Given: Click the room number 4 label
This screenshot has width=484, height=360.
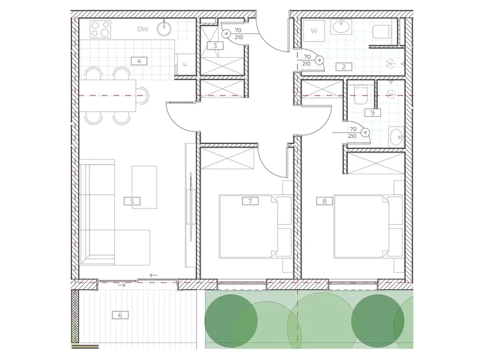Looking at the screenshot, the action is pyautogui.click(x=139, y=61).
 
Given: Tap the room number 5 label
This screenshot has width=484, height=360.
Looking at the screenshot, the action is pyautogui.click(x=132, y=201).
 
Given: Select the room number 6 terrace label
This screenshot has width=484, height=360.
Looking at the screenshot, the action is pyautogui.click(x=120, y=315).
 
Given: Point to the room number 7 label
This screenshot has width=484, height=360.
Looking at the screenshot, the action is pyautogui.click(x=250, y=201).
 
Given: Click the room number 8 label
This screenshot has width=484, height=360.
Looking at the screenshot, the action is pyautogui.click(x=325, y=201).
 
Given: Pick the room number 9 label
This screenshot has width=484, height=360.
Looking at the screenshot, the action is pyautogui.click(x=372, y=113).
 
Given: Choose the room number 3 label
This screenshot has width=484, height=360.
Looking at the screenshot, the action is pyautogui.click(x=215, y=46).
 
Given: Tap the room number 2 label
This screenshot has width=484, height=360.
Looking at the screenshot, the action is pyautogui.click(x=344, y=66).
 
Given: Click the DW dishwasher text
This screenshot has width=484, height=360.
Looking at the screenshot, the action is pyautogui.click(x=143, y=29).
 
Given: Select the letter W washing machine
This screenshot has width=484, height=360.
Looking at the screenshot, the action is pyautogui.click(x=314, y=31).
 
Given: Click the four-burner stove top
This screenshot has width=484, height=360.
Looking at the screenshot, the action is pyautogui.click(x=101, y=29).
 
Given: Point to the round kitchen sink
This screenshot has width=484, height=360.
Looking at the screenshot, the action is pyautogui.click(x=164, y=28).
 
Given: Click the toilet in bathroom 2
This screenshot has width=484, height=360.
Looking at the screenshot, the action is pyautogui.click(x=382, y=32).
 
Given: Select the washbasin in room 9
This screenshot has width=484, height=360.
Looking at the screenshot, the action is pyautogui.click(x=397, y=137).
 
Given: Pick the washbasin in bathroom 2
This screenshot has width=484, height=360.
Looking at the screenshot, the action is pyautogui.click(x=341, y=27).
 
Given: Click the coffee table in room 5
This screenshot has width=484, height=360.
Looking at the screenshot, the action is pyautogui.click(x=145, y=187).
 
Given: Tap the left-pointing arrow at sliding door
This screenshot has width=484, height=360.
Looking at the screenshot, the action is pyautogui.click(x=153, y=275).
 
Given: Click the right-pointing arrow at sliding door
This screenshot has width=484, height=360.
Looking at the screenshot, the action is pyautogui.click(x=122, y=285).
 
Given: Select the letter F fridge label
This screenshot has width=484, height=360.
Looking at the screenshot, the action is pyautogui.click(x=185, y=65).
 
